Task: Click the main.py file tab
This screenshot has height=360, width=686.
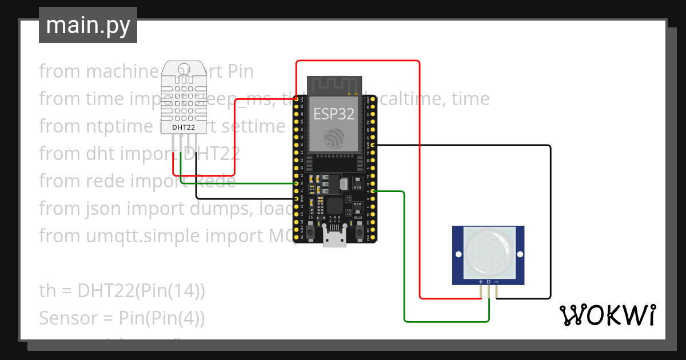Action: point(88,25)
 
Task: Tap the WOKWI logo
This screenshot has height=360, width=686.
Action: point(607,315)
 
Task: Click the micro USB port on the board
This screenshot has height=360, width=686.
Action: point(334,239)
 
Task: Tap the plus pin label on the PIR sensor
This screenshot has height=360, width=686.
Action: point(481,282)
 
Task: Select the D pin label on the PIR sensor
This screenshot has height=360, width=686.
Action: point(489,282)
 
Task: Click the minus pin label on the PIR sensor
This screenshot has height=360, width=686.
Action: point(496,282)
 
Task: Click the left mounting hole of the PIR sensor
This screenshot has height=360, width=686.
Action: point(458,254)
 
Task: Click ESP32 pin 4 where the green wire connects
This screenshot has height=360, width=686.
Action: point(373,191)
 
